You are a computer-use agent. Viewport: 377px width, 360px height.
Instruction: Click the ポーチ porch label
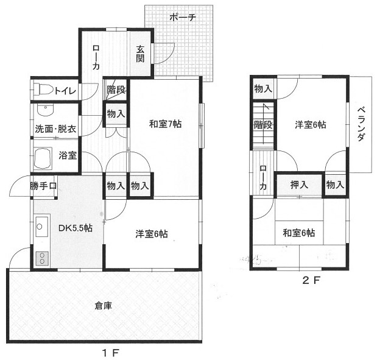pyautogui.click(x=183, y=17)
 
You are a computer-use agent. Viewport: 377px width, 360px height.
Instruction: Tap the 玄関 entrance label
pyautogui.click(x=141, y=54)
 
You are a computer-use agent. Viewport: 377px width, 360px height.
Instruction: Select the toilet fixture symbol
pyautogui.click(x=43, y=90)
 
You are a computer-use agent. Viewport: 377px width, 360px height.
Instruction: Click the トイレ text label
pyautogui.click(x=65, y=91)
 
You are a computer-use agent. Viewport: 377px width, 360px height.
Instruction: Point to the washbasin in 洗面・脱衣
pyautogui.click(x=45, y=110)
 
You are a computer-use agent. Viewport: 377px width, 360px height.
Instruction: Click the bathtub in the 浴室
pyautogui.click(x=43, y=158)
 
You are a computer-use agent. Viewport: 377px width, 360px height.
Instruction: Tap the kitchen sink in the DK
pyautogui.click(x=42, y=226)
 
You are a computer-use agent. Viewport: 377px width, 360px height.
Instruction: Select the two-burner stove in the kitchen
pyautogui.click(x=42, y=258)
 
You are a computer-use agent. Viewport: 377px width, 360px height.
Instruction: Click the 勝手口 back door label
pyautogui.click(x=43, y=186)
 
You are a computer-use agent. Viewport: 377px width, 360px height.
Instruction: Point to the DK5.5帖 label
pyautogui.click(x=76, y=228)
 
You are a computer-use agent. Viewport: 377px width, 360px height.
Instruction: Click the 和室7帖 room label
pyautogui.click(x=166, y=124)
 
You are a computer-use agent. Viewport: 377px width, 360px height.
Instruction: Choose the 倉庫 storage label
pyautogui.click(x=104, y=306)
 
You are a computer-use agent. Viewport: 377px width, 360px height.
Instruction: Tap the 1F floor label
pyautogui.click(x=111, y=353)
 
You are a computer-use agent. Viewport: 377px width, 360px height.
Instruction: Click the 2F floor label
pyautogui.click(x=311, y=280)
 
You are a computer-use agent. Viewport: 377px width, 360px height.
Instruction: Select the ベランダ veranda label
pyautogui.click(x=361, y=124)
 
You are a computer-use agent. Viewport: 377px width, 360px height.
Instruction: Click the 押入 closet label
pyautogui.click(x=299, y=185)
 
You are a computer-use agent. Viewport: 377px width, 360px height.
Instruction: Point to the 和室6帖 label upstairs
pyautogui.click(x=299, y=233)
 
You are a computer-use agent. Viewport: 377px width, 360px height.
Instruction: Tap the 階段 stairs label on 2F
pyautogui.click(x=263, y=125)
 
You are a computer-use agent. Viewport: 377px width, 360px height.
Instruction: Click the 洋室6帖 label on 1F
pyautogui.click(x=152, y=234)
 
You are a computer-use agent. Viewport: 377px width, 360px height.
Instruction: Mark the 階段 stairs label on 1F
pyautogui.click(x=116, y=90)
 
